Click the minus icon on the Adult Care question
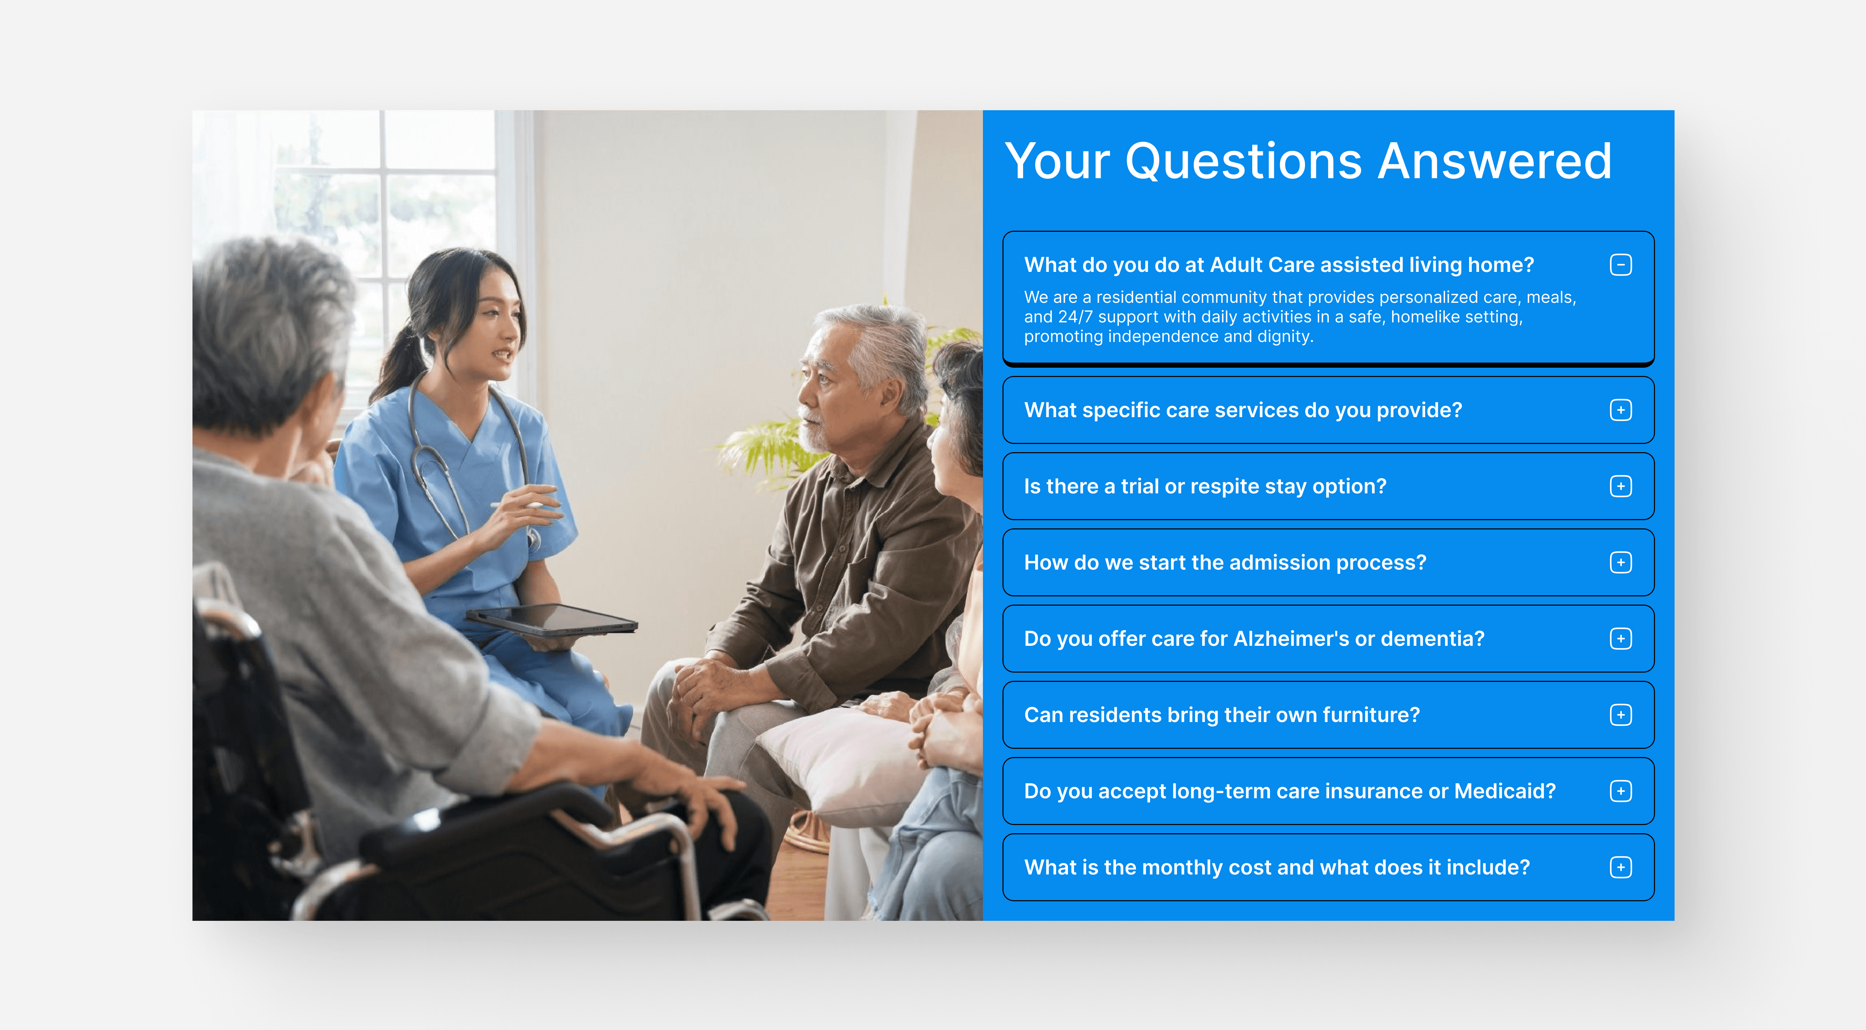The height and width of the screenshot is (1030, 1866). coord(1620,265)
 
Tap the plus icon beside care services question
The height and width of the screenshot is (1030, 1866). coord(1620,410)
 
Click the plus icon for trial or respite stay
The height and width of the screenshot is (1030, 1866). coord(1620,487)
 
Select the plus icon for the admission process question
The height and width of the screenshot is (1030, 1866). coord(1620,562)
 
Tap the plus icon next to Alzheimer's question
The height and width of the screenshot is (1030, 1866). coord(1620,639)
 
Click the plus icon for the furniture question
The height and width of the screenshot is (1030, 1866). coord(1620,715)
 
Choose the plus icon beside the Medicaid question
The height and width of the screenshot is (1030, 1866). coord(1620,791)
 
